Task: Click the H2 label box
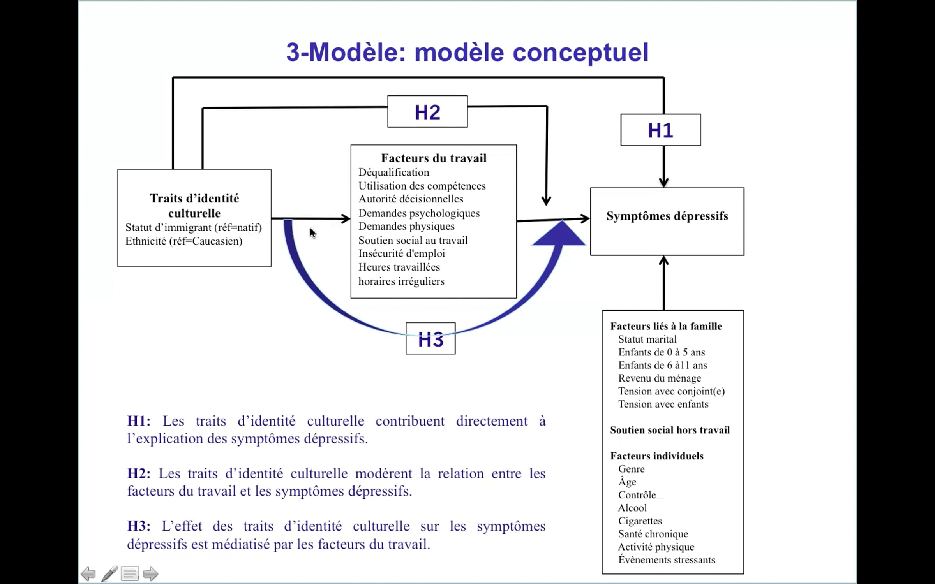[x=427, y=112]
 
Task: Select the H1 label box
[x=661, y=130]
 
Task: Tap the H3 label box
[x=430, y=338]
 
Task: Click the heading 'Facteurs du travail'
[x=434, y=158]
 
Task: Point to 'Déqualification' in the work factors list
[x=393, y=172]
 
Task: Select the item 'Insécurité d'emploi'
[x=402, y=253]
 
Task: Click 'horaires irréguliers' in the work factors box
[x=401, y=281]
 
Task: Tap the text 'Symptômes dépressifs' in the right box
[x=667, y=216]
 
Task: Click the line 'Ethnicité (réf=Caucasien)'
[x=184, y=241]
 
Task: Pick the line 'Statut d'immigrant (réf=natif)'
[x=194, y=227]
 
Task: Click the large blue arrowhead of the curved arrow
[x=559, y=234]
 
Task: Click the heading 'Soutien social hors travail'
[x=670, y=430]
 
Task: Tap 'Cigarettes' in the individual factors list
[x=640, y=521]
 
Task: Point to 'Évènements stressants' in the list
[x=667, y=559]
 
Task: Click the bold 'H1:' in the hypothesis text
[x=139, y=421]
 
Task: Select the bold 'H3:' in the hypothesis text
[x=139, y=526]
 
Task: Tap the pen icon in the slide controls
[x=109, y=574]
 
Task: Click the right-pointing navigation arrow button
[x=151, y=574]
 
